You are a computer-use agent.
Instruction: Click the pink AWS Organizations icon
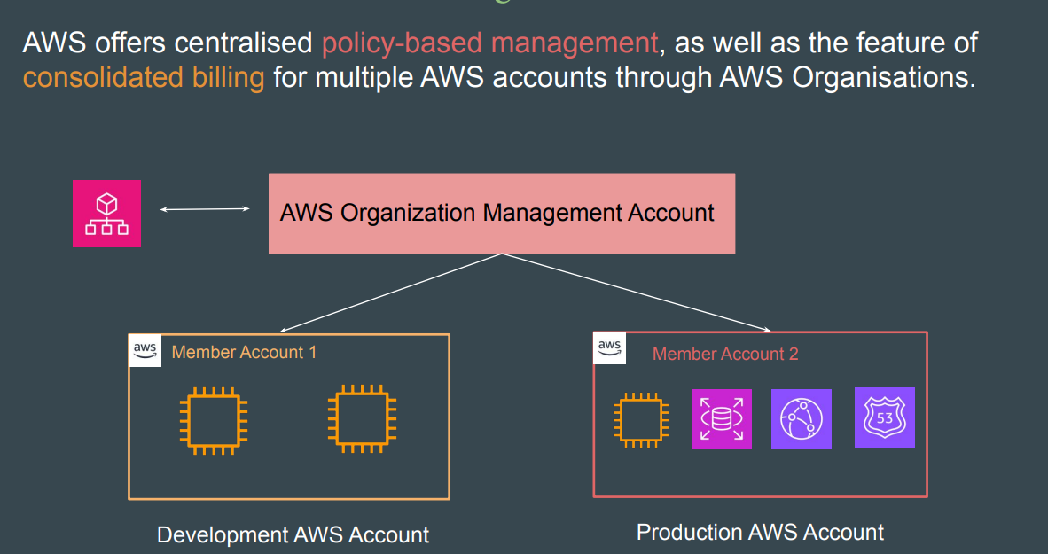106,214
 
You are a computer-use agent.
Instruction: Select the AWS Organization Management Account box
501,214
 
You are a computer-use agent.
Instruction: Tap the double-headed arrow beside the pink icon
205,209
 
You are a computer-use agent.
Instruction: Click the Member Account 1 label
244,352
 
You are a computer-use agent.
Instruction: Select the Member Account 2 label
725,354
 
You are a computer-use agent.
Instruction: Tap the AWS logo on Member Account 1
145,350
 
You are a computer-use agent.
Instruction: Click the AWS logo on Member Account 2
609,347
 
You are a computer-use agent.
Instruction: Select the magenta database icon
721,418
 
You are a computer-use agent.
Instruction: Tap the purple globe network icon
802,418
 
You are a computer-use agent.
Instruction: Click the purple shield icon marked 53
884,417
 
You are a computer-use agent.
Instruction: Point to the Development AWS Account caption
293,535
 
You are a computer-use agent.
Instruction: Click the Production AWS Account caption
760,532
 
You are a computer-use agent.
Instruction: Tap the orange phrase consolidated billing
144,77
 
